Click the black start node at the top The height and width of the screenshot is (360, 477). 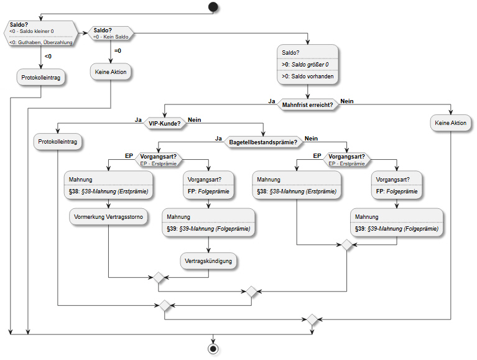point(213,7)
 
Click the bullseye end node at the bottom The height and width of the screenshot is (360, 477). point(213,348)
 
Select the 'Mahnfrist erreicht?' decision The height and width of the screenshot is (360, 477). point(308,105)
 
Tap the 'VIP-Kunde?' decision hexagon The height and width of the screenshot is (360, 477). point(165,124)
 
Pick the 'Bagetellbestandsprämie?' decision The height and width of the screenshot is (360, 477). point(263,142)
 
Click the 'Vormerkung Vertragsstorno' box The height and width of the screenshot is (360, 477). point(109,217)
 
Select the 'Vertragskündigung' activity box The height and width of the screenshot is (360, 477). point(208,261)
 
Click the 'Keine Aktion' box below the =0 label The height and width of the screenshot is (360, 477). point(111,72)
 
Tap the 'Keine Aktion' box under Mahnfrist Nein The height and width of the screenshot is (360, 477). point(450,123)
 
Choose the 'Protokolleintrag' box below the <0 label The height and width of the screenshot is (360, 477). point(41,78)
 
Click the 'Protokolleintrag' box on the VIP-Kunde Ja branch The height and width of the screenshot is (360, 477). point(58,142)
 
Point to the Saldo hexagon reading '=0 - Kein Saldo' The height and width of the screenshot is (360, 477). point(111,33)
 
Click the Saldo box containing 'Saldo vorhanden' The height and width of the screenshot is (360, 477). point(308,65)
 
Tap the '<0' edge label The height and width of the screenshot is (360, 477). point(48,56)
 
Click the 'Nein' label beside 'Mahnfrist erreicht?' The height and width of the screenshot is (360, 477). point(347,101)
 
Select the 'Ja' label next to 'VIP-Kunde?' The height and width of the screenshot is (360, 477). point(138,120)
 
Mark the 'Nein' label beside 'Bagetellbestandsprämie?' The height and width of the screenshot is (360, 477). point(311,139)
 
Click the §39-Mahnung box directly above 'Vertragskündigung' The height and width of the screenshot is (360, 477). point(208,223)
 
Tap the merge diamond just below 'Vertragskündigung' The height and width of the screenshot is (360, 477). point(159,277)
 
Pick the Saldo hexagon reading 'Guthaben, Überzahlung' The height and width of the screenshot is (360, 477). point(41,34)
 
